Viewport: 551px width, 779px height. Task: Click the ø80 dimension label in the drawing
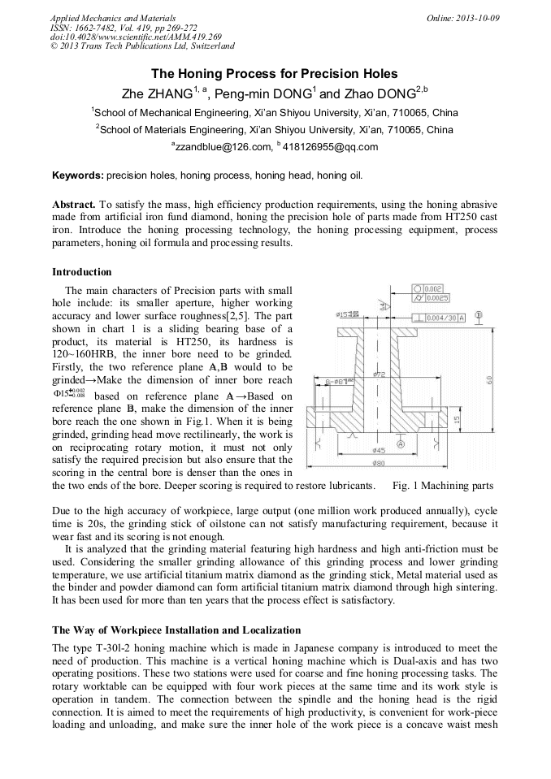tap(380, 464)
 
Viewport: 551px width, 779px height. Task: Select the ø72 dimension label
tap(379, 374)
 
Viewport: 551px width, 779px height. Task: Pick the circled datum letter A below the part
tap(401, 444)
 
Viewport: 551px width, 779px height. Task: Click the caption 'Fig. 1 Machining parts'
tap(442, 486)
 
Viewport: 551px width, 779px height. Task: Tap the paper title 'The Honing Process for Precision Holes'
tap(275, 73)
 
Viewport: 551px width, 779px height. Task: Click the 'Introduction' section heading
tap(81, 271)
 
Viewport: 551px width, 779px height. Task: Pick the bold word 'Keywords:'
tap(77, 175)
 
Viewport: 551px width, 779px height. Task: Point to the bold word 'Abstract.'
tap(74, 204)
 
